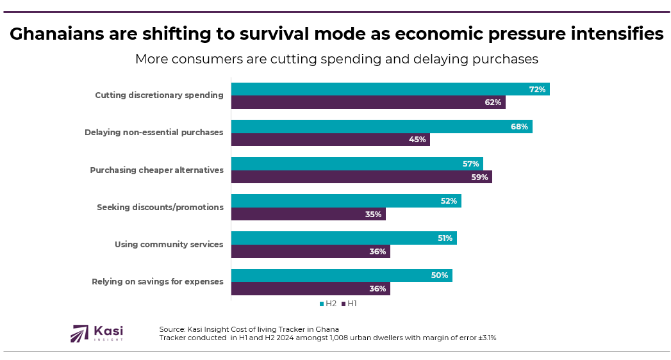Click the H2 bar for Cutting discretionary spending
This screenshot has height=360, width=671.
(x=390, y=89)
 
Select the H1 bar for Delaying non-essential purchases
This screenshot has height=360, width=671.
(x=330, y=140)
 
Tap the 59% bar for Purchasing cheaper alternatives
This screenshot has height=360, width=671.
(x=361, y=177)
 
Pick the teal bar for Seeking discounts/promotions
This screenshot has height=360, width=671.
(x=345, y=201)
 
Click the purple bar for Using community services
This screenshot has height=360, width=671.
(x=310, y=252)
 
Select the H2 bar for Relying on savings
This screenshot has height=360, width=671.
(x=341, y=275)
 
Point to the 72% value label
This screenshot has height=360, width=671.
(x=537, y=90)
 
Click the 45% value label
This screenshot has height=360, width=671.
(x=417, y=140)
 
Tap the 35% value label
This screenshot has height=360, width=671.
(x=374, y=215)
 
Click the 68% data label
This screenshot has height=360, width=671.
(x=519, y=127)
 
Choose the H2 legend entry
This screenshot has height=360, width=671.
(x=327, y=304)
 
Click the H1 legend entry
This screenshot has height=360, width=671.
(x=349, y=304)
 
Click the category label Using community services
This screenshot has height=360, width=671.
(x=169, y=244)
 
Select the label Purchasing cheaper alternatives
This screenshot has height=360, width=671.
(x=156, y=170)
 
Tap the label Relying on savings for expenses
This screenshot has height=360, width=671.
(x=157, y=281)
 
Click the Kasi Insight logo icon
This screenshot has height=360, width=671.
(x=79, y=333)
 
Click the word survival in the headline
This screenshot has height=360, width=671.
(x=290, y=34)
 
